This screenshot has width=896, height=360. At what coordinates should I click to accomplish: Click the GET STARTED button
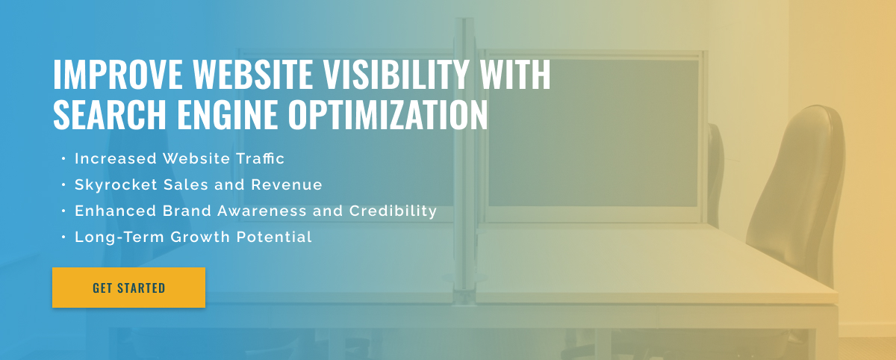[x=128, y=288]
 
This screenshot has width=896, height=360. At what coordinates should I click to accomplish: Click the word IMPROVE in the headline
[x=118, y=74]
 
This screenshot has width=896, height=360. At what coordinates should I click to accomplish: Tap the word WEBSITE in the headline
[x=253, y=74]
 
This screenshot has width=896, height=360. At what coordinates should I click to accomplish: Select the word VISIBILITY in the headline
[x=396, y=74]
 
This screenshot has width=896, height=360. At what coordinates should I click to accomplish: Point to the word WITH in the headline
[x=515, y=74]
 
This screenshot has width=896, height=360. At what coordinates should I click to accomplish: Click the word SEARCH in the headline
[x=110, y=114]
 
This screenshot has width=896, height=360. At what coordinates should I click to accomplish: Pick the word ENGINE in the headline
[x=227, y=114]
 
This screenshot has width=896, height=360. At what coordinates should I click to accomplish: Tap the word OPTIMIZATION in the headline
[x=388, y=114]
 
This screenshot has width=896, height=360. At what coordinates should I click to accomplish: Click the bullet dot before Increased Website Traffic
[x=63, y=159]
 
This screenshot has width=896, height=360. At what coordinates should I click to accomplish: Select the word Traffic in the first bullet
[x=260, y=158]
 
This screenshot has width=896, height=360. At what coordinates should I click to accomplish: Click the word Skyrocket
[x=116, y=185]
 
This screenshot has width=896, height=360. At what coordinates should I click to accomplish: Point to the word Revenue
[x=287, y=184]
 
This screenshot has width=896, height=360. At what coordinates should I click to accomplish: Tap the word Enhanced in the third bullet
[x=115, y=211]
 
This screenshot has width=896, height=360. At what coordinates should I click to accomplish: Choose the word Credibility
[x=393, y=211]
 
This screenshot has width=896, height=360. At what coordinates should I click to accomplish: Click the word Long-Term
[x=119, y=238]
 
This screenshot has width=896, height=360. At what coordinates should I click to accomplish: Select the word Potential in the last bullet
[x=274, y=237]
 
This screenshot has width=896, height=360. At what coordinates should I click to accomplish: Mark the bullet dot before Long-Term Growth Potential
[x=63, y=238]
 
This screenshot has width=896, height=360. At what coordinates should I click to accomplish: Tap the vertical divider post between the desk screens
[x=464, y=156]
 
